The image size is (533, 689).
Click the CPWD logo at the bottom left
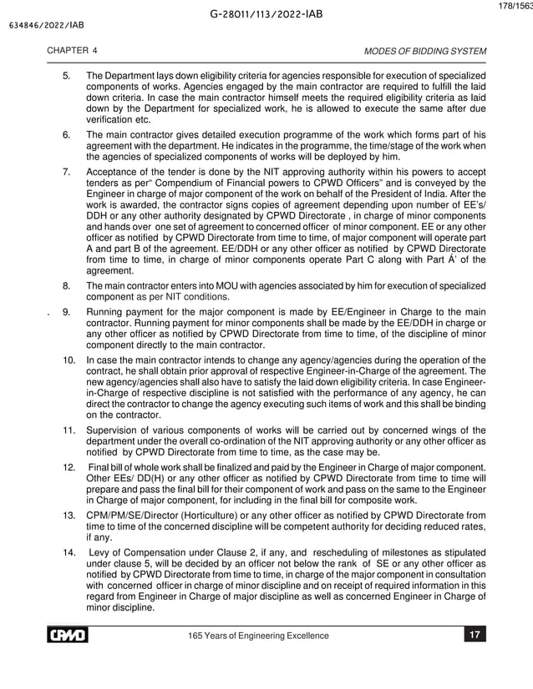(x=66, y=636)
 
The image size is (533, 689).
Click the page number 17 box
(x=474, y=636)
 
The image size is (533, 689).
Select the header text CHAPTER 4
(x=72, y=51)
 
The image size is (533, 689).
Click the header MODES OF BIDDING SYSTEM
(x=425, y=51)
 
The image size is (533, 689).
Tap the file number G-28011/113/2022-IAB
(x=266, y=14)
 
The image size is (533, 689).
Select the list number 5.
(x=67, y=77)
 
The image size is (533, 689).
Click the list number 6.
(x=67, y=134)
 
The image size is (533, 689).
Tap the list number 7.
(x=67, y=171)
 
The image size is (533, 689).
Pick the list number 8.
(x=67, y=286)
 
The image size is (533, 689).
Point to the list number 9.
(x=67, y=312)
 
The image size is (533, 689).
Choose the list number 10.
(x=69, y=359)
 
